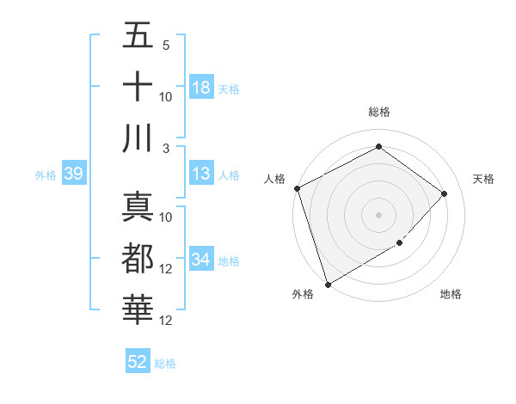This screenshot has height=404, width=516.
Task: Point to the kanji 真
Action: [x=138, y=207]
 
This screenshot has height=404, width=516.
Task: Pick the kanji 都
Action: [x=138, y=259]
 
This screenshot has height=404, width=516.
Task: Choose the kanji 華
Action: [x=138, y=309]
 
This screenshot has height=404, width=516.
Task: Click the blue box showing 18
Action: [x=201, y=88]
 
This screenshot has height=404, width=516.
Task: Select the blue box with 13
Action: [x=201, y=174]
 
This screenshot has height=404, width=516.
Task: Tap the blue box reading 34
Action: [x=201, y=260]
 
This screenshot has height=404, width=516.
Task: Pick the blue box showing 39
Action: [x=73, y=174]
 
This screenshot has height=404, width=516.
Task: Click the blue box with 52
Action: [x=138, y=362]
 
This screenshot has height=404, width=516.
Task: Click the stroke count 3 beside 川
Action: [x=166, y=149]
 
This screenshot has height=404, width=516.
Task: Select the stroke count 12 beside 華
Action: [x=166, y=321]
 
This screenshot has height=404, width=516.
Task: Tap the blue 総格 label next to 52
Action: [x=165, y=364]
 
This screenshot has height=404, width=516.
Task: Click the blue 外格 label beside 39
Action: [x=46, y=175]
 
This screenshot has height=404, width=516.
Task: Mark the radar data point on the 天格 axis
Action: [x=445, y=193]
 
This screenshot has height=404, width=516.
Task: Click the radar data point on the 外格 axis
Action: [x=328, y=285]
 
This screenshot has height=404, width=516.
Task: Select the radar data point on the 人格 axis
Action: [x=297, y=188]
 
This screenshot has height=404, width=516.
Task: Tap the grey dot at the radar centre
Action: [x=378, y=214]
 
